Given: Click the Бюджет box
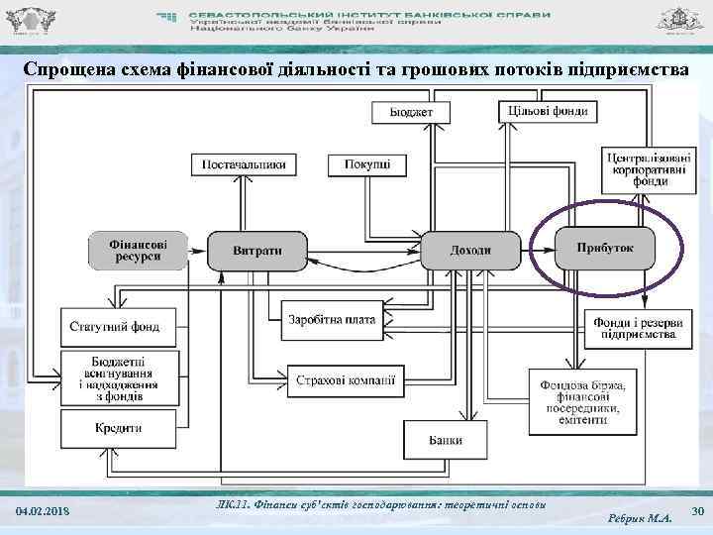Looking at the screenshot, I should click(x=410, y=111).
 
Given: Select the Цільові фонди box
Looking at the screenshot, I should click(x=548, y=110).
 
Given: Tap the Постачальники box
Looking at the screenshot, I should click(x=244, y=163).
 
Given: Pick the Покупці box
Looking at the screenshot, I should click(x=367, y=163).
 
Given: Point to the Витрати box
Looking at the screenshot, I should click(x=256, y=250).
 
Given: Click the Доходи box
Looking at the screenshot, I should click(x=469, y=250).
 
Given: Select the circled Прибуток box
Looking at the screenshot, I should click(x=605, y=248).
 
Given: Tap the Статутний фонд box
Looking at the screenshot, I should click(x=114, y=326).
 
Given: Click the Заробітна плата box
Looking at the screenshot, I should click(x=331, y=320).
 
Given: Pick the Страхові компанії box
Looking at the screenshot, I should click(x=346, y=377).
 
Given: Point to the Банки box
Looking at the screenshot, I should click(x=446, y=439).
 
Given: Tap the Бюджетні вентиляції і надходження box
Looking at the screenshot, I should click(x=123, y=376).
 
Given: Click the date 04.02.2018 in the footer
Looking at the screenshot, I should click(x=43, y=510).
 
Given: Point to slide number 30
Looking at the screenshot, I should click(x=695, y=510).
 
